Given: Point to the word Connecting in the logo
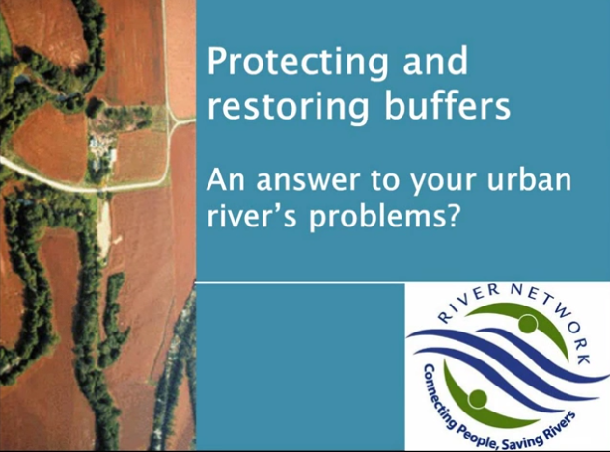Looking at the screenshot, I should (x=437, y=393).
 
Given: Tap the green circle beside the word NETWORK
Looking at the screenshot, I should (x=527, y=325).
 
